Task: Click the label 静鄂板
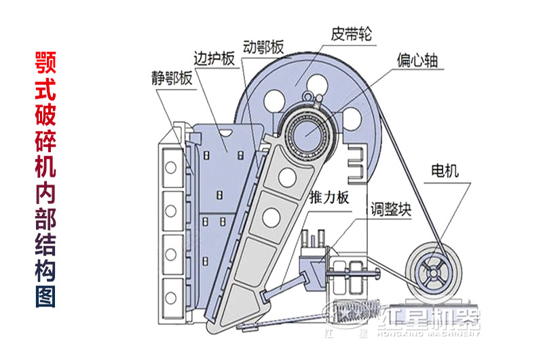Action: (x=172, y=77)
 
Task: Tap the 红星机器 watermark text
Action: (x=431, y=319)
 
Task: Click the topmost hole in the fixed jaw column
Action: (x=172, y=166)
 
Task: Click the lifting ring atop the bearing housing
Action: (x=312, y=98)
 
